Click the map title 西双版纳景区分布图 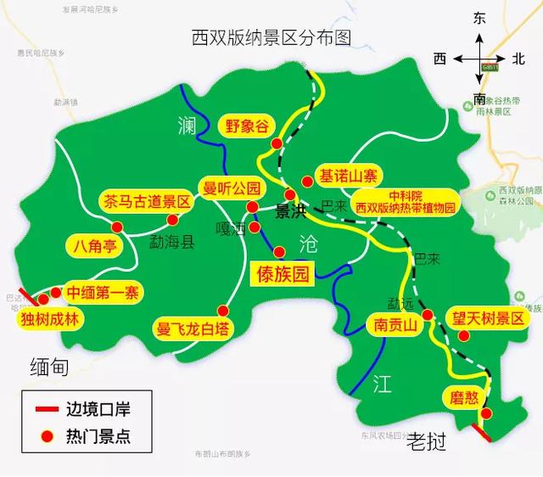271,37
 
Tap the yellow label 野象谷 247,126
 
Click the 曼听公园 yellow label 230,187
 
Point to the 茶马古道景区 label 147,202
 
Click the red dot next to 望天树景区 463,336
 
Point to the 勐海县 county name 172,243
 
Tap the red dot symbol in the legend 48,437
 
